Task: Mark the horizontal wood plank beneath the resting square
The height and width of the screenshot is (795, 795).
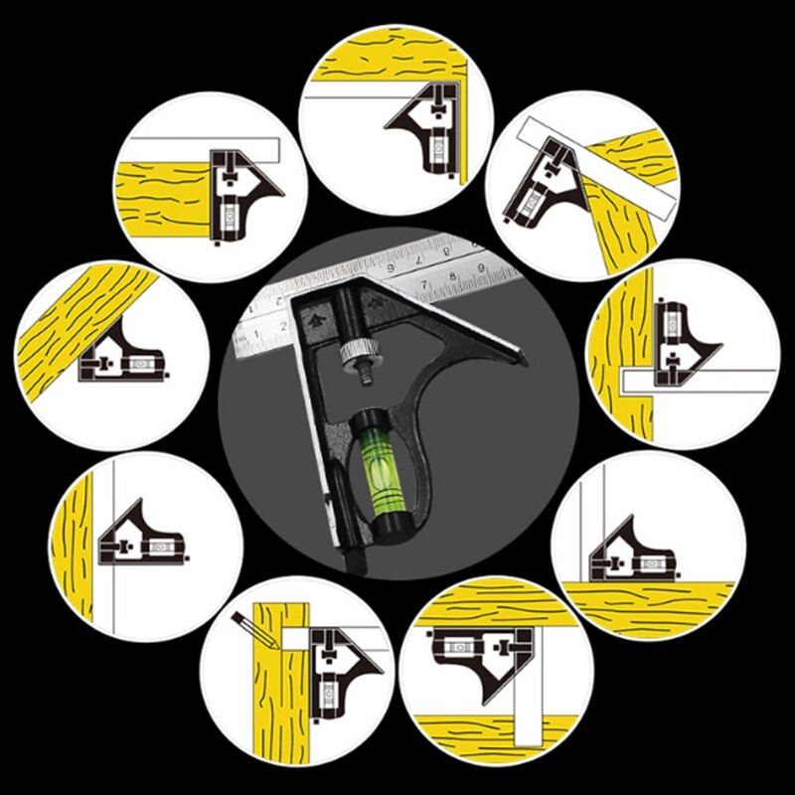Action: [646, 601]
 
